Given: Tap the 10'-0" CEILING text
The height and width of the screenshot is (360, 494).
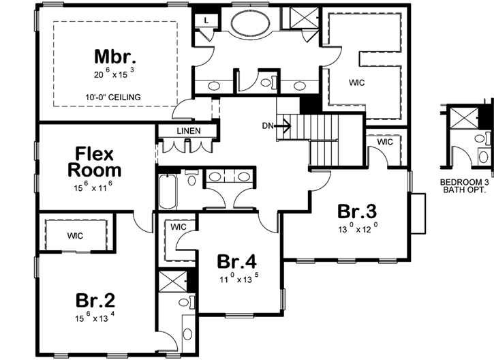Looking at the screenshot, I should [114, 97].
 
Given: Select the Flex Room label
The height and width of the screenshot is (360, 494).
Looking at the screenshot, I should [89, 162].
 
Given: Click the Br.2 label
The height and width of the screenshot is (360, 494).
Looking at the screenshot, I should [95, 301].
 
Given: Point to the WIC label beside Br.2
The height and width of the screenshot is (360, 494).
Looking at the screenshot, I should [75, 236].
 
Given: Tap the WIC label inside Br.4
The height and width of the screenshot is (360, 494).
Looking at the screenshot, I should [179, 226].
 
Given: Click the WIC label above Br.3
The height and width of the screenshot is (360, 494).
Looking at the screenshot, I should [385, 142].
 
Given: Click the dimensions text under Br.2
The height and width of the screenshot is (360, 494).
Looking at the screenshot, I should [95, 317].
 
